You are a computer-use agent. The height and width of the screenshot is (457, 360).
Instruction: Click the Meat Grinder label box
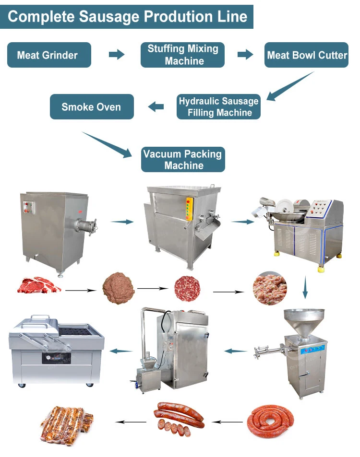(x=49, y=55)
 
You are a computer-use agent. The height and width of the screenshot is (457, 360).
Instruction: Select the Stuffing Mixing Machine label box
(x=182, y=55)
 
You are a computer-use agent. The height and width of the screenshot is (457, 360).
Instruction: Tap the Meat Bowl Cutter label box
(x=307, y=55)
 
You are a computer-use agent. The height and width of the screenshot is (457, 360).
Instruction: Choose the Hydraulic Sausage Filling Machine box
(x=218, y=107)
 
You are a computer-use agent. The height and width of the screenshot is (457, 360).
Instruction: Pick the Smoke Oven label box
(x=92, y=107)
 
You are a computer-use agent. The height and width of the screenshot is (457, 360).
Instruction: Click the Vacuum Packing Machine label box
(x=183, y=159)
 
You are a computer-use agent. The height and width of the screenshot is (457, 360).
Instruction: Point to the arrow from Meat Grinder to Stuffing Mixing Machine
(x=116, y=55)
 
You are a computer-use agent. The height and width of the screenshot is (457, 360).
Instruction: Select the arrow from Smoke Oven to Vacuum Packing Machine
(x=108, y=144)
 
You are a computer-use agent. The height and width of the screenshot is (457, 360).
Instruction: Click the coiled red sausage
(x=270, y=421)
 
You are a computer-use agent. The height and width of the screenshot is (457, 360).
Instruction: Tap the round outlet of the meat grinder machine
(x=88, y=223)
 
